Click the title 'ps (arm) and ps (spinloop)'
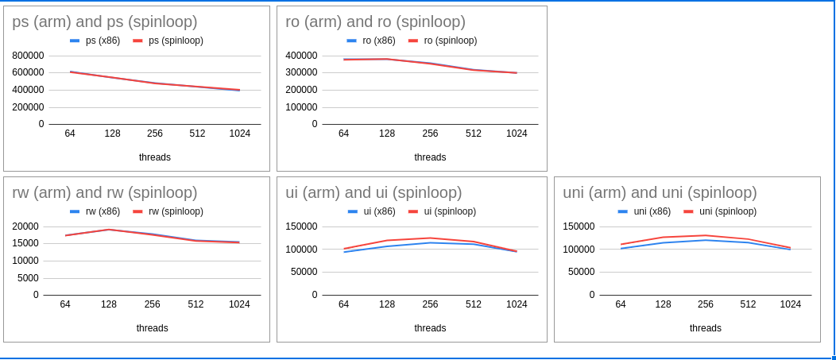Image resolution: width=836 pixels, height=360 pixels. tap(105, 22)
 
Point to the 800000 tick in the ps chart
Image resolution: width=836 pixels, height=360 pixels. tap(28, 56)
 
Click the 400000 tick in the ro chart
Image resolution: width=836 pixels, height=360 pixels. tap(301, 56)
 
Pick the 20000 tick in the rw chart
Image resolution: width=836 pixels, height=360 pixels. tap(25, 226)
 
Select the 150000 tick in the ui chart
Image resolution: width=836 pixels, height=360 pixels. tap(301, 226)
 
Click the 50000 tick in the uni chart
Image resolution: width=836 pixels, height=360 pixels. tap(581, 272)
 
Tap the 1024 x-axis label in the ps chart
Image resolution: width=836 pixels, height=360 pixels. tap(239, 134)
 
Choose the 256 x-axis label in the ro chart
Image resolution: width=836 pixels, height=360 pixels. tap(430, 134)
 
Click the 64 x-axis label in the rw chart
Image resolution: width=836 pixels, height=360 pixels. tap(65, 304)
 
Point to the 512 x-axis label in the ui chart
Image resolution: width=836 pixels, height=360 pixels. tap(474, 304)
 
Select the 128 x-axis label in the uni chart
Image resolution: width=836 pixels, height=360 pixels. tap(663, 304)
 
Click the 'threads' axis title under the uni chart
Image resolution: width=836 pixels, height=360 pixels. tap(705, 328)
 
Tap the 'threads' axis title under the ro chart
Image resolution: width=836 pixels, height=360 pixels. tap(430, 157)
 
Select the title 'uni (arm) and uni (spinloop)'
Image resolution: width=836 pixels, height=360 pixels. tap(660, 193)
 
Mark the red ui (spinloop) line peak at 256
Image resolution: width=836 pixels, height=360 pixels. tap(430, 238)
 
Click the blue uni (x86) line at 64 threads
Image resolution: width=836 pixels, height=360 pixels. tap(621, 249)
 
